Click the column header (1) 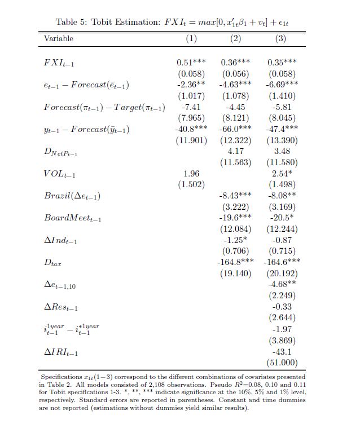tap(191, 39)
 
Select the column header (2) tap(235, 39)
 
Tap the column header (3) tap(280, 39)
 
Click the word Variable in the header tap(59, 39)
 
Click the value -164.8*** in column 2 tap(235, 262)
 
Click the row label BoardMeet tap(68, 218)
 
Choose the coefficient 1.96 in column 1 tap(192, 174)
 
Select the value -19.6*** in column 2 tap(235, 218)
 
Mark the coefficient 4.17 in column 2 tap(235, 151)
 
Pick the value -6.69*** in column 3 tap(282, 85)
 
